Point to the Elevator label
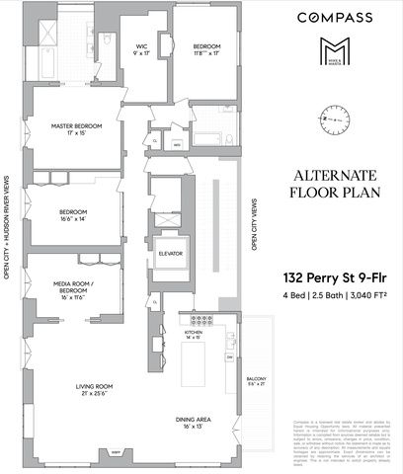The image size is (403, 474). coord(171,254)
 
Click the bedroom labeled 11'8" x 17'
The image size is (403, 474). coord(205,46)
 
